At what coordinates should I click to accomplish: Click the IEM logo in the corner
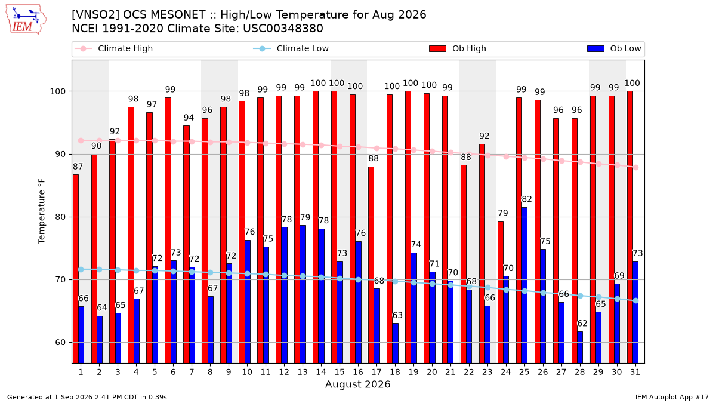26,20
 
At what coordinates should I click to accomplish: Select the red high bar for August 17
371,265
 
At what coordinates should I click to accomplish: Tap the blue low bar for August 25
524,285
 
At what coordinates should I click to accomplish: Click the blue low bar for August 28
580,347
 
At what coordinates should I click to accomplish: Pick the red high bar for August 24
500,292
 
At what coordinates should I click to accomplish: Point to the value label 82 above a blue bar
526,199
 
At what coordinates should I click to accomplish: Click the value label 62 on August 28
582,324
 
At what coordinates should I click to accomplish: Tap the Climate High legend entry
113,48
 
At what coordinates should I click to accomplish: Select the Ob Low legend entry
614,48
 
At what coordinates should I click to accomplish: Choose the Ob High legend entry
458,48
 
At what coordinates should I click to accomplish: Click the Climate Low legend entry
291,48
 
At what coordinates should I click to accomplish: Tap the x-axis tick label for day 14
321,373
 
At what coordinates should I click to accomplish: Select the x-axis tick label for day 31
635,373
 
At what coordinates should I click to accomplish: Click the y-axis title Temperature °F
42,211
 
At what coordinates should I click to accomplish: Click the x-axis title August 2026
357,384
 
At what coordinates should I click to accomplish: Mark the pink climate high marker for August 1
81,141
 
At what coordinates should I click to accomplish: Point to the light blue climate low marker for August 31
635,301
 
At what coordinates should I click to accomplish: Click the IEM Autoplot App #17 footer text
672,397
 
